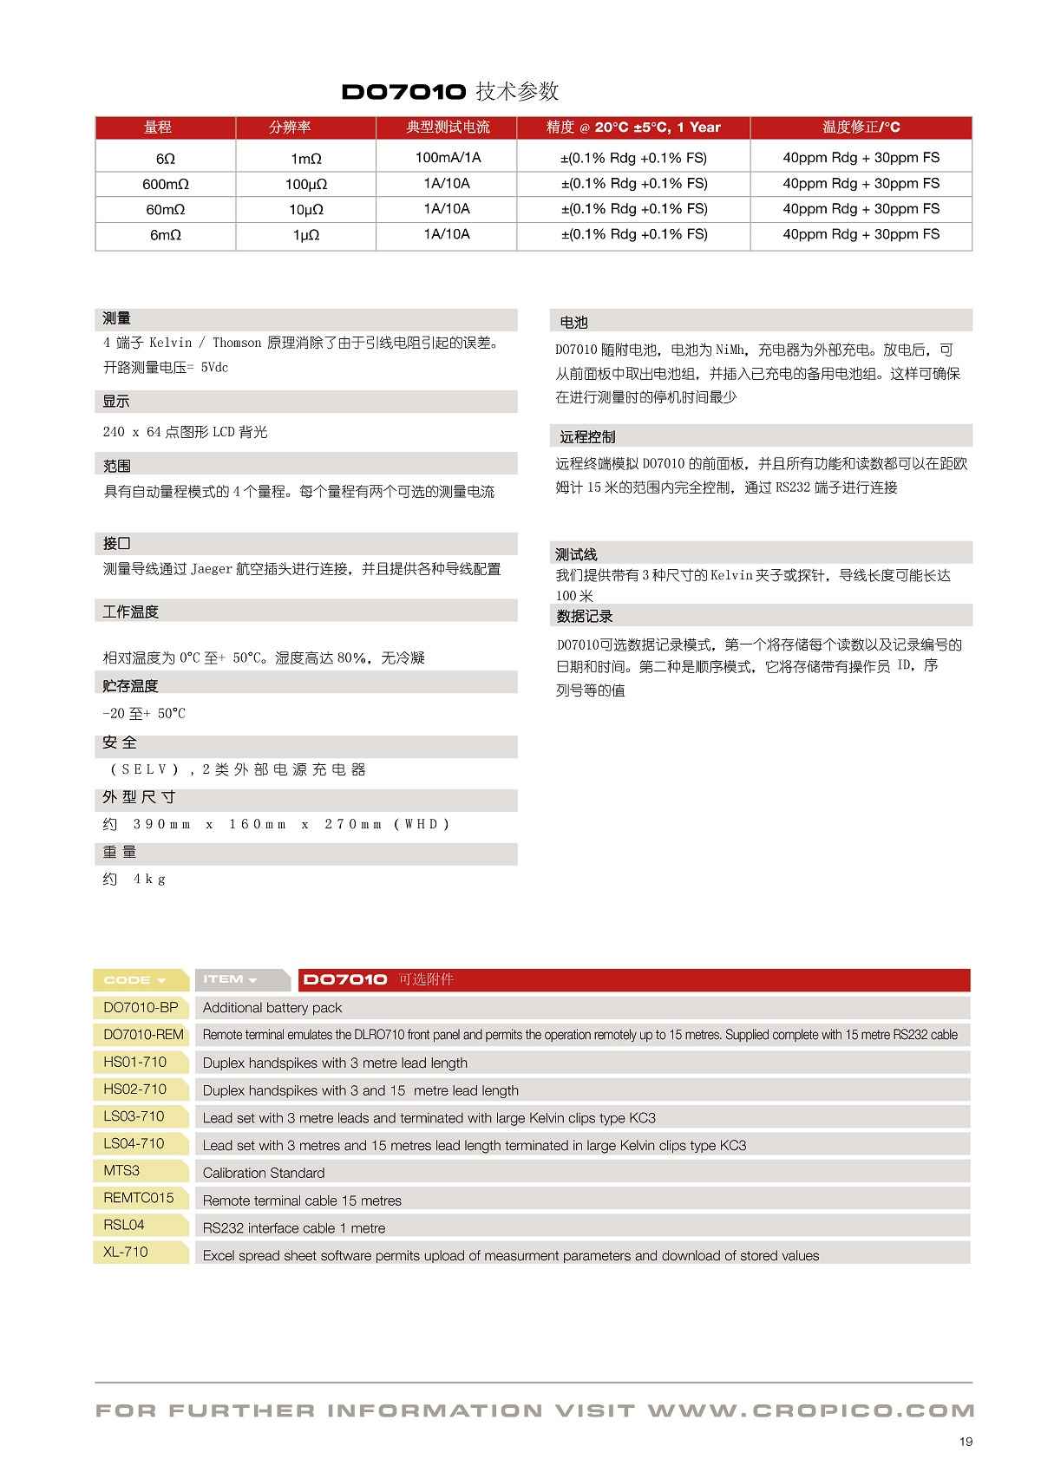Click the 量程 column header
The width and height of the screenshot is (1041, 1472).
pos(157,128)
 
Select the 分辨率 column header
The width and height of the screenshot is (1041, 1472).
pos(289,128)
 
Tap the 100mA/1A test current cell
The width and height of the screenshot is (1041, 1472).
pos(447,157)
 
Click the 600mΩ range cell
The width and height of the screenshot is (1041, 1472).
pos(166,184)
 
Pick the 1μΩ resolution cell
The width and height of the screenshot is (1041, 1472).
pos(306,235)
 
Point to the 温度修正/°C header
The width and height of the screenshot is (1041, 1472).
pos(861,128)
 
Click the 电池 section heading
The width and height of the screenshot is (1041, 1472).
pos(573,323)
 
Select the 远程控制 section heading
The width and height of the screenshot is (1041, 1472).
pos(587,437)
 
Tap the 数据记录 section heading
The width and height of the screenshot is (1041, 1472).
pos(585,616)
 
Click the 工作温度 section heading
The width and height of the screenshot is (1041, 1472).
pos(130,612)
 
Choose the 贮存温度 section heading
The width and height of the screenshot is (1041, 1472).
pos(130,686)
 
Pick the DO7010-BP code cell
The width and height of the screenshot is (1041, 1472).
pos(141,1007)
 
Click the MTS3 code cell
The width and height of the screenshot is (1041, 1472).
pos(121,1170)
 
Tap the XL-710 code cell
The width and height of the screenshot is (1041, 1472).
pos(126,1252)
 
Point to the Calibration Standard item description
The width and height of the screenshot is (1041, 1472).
pos(264,1173)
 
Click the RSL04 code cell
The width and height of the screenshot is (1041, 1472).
pos(124,1225)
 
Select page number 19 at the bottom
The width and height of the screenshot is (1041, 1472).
pos(966,1442)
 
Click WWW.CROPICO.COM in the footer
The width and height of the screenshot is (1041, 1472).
pos(810,1411)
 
